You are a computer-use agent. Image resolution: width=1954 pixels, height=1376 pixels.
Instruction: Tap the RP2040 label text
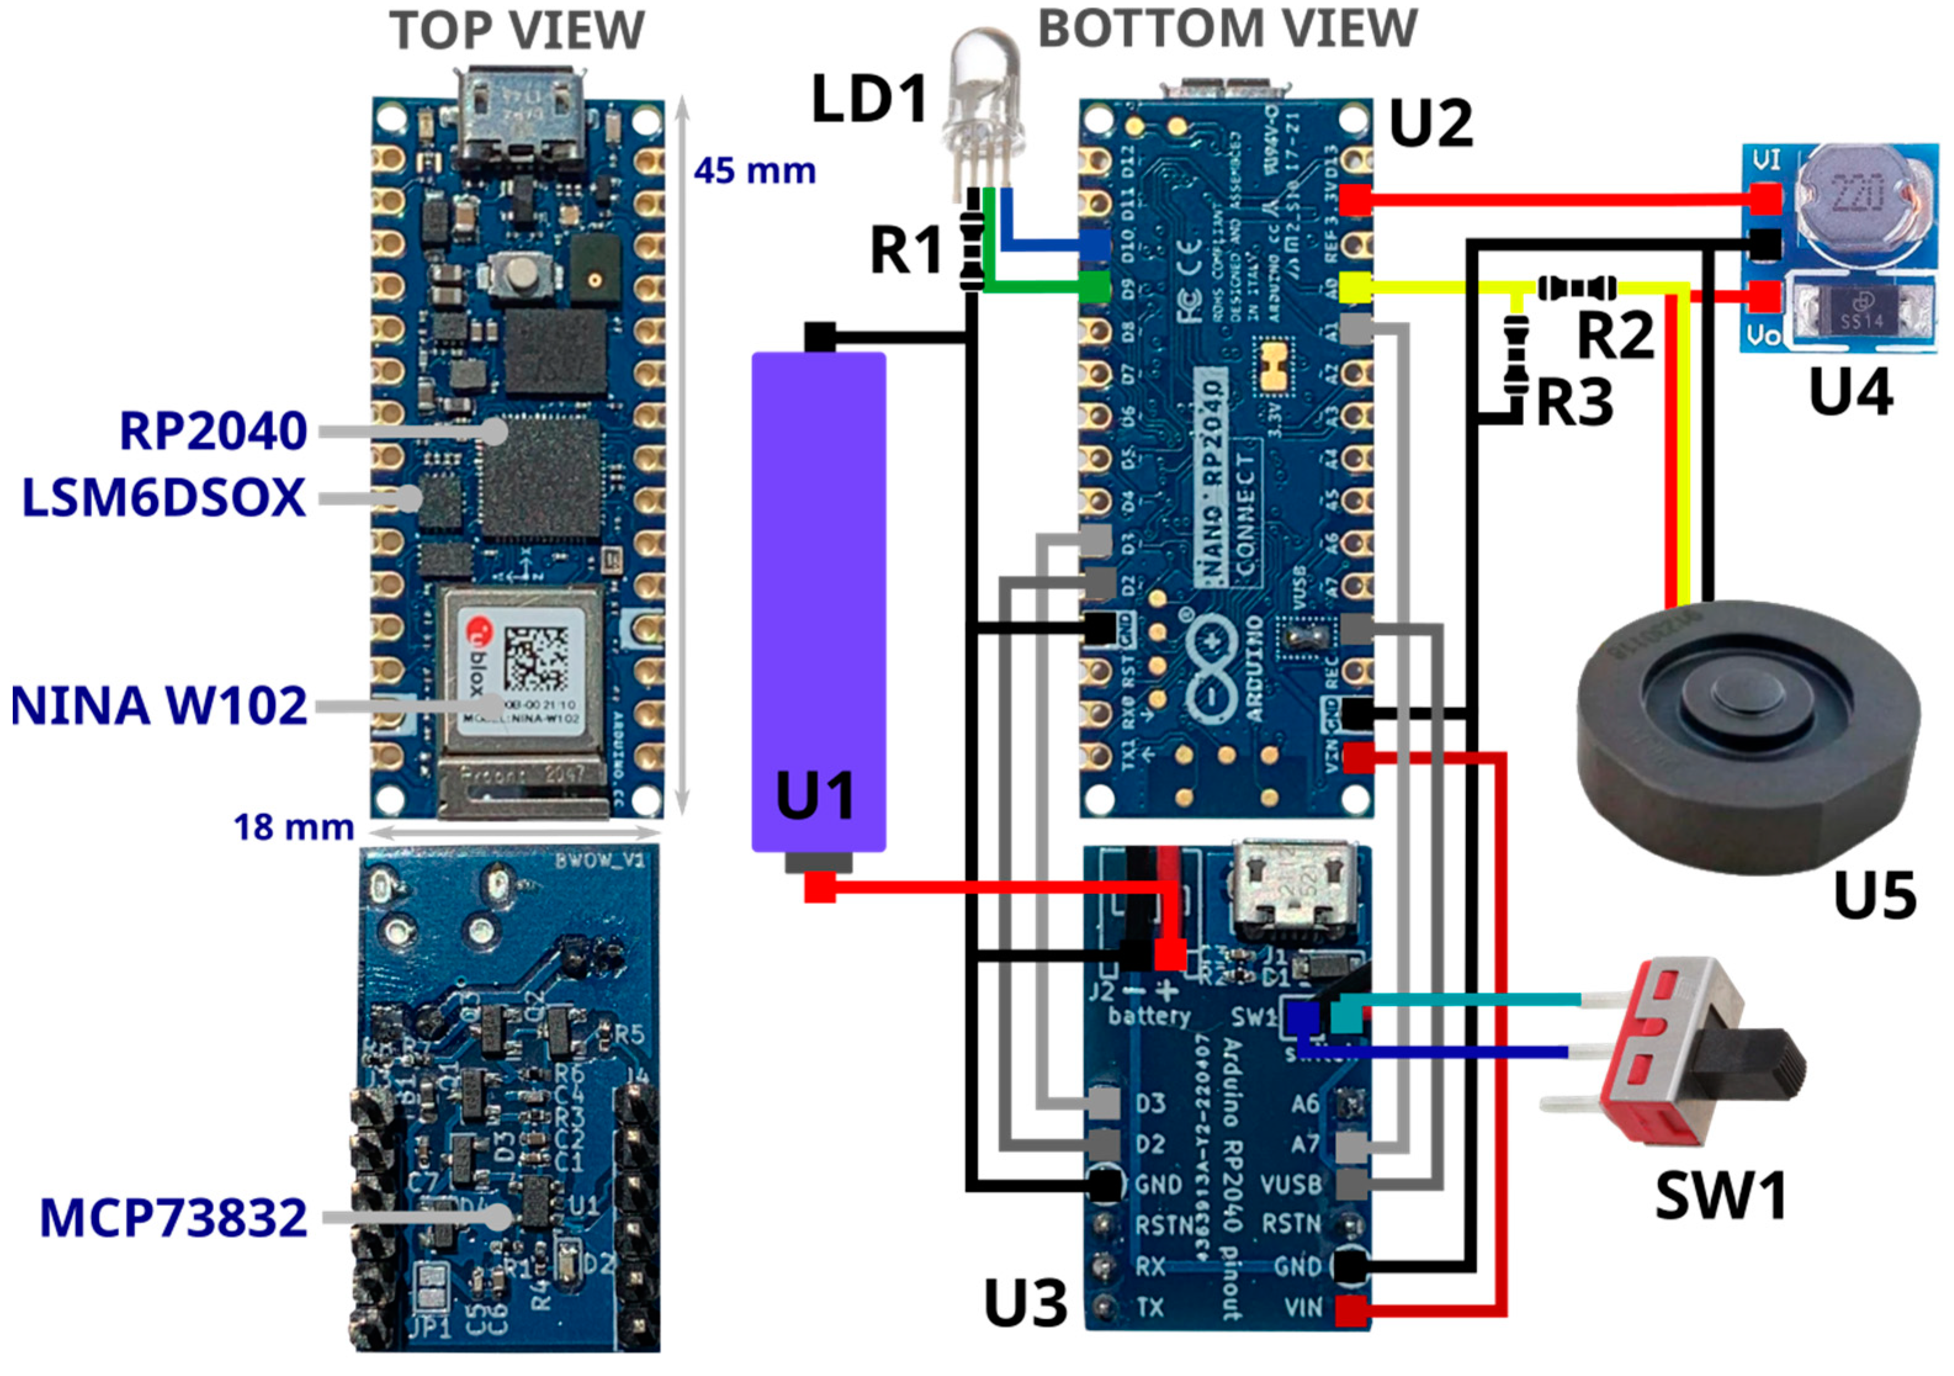[213, 431]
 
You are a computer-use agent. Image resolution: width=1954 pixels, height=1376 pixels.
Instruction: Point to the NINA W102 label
[158, 706]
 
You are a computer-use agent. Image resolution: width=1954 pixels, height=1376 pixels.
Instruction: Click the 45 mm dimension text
[754, 171]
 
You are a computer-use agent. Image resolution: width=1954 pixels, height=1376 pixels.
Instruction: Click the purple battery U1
[819, 596]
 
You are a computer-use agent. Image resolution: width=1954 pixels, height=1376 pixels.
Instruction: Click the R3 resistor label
[1574, 402]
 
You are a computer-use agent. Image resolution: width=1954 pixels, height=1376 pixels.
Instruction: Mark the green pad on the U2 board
[1094, 287]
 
